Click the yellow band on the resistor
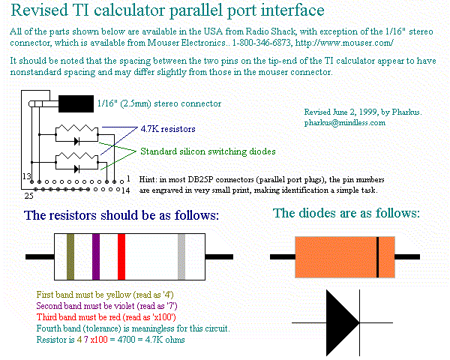70,256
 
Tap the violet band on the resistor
96,256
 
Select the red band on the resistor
121,256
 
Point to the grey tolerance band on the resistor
181,256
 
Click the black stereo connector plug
75,103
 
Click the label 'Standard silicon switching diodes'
208,151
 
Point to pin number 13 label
26,176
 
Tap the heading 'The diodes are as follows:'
346,214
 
